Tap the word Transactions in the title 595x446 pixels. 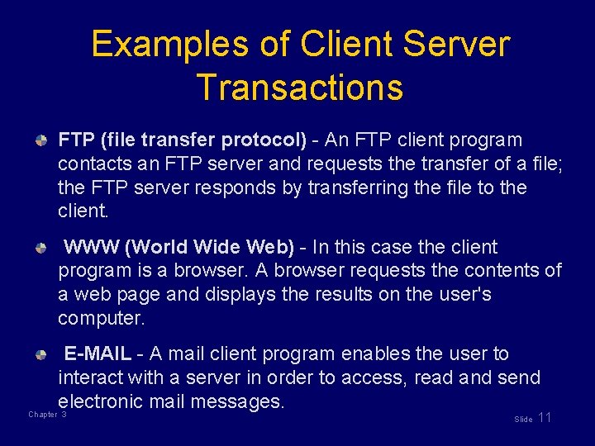(300, 87)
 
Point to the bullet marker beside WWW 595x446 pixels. (41, 248)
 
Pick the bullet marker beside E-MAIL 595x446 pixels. (41, 354)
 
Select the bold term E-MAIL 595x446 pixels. (98, 353)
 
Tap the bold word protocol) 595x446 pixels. (262, 140)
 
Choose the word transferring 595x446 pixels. (358, 187)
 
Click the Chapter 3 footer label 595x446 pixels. (47, 414)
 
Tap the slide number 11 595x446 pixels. (544, 417)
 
